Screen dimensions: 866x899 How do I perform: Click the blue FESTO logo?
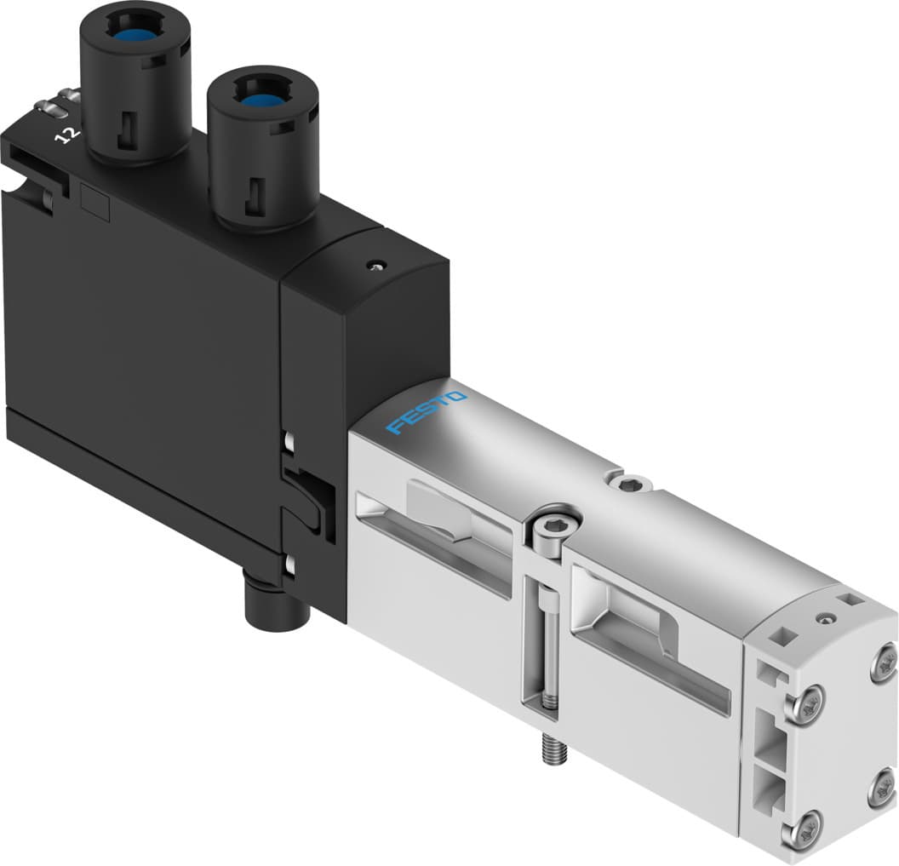click(427, 412)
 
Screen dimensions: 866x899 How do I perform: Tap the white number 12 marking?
click(63, 135)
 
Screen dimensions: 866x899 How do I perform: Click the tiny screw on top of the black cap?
click(371, 266)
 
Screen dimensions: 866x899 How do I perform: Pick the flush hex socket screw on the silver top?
click(630, 485)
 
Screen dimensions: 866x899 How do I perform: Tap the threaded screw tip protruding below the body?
click(546, 752)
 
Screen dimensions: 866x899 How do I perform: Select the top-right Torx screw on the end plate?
click(883, 661)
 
